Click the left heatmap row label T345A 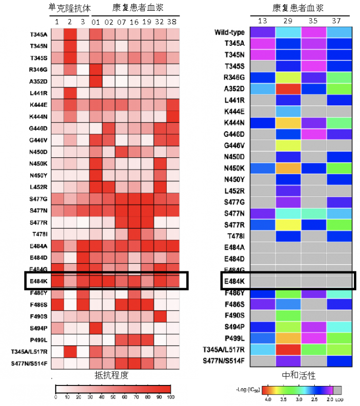(x=40, y=35)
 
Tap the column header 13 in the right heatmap (x=263, y=21)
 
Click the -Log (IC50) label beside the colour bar (x=247, y=390)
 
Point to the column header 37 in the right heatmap (x=339, y=21)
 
